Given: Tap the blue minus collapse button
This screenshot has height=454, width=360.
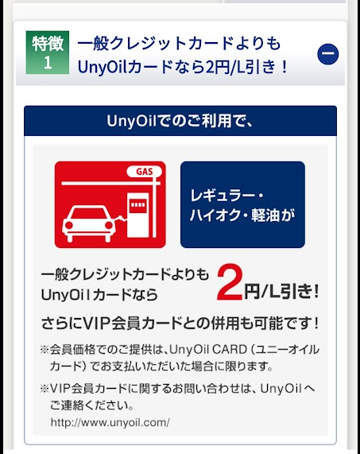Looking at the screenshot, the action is [x=328, y=54].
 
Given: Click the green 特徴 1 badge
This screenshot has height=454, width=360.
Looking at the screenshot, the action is [x=48, y=52].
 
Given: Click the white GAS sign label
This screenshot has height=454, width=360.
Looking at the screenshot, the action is [x=144, y=172].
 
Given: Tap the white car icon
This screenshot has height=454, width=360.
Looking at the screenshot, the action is [x=89, y=223].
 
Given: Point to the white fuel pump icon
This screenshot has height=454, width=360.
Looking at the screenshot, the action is [x=138, y=215].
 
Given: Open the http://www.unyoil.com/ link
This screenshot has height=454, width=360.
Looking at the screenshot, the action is [x=110, y=422].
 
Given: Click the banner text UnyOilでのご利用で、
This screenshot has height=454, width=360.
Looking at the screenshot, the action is [x=180, y=121].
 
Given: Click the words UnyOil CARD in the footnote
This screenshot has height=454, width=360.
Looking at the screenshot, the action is [x=208, y=350].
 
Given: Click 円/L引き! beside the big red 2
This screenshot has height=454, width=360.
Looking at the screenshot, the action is [x=281, y=291].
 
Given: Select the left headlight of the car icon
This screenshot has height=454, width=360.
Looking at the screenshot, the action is [x=69, y=225].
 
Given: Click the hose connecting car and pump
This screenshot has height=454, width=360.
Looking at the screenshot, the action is [x=122, y=218].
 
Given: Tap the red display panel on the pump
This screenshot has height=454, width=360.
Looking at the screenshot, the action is [x=138, y=205].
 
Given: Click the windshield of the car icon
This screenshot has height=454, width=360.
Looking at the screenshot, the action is [x=88, y=214].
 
